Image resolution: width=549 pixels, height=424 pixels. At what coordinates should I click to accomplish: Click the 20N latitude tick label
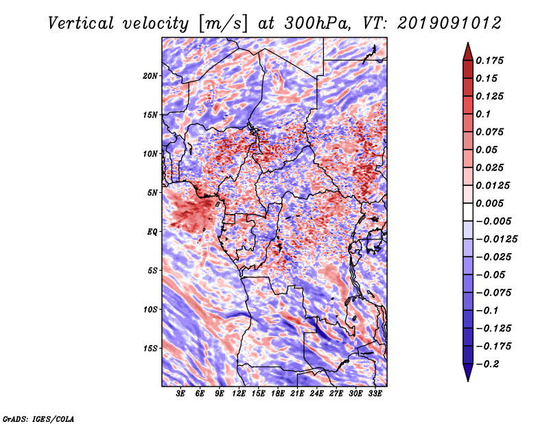pos(150,76)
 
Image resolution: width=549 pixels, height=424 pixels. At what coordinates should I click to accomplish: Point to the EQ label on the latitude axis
pos(152,232)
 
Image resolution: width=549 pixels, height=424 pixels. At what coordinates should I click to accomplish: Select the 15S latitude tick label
pos(150,349)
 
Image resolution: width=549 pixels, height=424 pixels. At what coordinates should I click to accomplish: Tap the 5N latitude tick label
pos(152,193)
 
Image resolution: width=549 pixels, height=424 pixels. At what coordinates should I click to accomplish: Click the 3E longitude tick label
pos(180,394)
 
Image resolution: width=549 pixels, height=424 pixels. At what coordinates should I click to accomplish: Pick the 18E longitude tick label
pos(278,394)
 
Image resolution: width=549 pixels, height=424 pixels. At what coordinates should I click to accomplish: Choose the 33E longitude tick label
pos(375,394)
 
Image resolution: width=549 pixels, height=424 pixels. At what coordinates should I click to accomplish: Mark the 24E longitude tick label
pos(316,394)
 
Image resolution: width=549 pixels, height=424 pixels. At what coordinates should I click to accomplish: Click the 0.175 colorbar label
pos(489,60)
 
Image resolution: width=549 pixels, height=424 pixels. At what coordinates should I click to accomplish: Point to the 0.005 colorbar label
pos(489,203)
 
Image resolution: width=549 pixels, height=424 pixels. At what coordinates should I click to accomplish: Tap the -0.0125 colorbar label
pos(496,239)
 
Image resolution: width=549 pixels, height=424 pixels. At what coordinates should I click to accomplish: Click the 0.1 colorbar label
pos(483,114)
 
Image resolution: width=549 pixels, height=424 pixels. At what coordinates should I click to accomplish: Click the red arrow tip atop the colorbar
pos(468,43)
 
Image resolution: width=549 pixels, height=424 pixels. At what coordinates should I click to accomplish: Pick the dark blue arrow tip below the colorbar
pos(468,381)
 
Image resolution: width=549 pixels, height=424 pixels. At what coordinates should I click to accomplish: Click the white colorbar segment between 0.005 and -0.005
pos(468,212)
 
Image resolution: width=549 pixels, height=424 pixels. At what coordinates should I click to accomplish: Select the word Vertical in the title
pos(81,23)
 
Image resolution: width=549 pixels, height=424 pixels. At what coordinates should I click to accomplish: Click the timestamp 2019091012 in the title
pos(449,23)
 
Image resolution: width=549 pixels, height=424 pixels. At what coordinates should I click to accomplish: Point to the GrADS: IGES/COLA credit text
pos(38,419)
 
